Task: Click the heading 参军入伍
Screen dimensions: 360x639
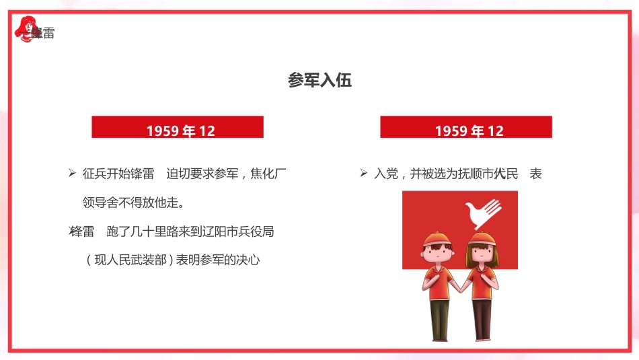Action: click(319, 81)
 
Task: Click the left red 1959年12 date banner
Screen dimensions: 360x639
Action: click(178, 127)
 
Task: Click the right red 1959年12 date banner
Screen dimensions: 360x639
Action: click(466, 127)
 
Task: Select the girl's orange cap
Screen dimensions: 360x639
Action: click(481, 239)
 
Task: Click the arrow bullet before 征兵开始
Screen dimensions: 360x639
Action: click(72, 174)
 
